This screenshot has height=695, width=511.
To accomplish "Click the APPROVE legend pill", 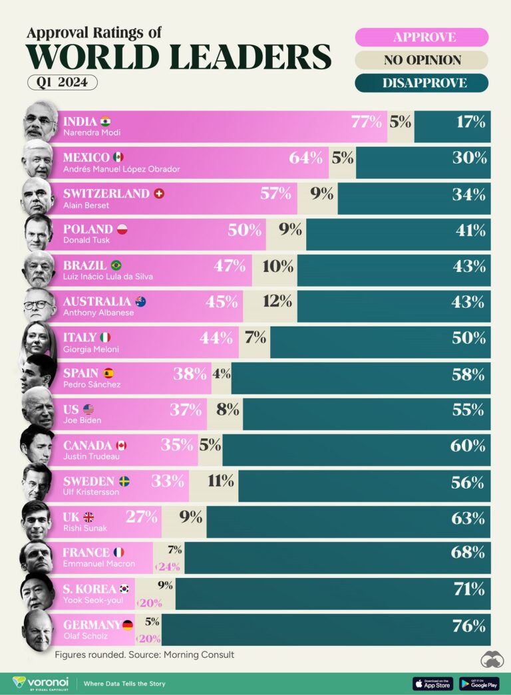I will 422,37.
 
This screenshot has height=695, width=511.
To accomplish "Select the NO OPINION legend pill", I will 422,61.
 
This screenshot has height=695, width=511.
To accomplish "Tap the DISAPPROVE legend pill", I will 422,83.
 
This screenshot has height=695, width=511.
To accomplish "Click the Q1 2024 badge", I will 63,82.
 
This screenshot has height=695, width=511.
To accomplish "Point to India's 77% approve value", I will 367,122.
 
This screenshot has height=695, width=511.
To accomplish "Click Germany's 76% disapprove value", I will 468,626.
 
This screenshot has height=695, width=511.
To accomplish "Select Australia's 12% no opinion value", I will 277,301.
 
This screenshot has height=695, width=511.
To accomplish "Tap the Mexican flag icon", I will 118,158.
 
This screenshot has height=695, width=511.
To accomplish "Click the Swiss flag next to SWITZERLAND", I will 158,194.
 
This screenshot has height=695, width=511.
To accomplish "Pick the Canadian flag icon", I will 120,446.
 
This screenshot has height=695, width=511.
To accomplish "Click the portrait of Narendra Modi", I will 40,121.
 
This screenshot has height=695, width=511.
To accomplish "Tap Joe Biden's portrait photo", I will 38,409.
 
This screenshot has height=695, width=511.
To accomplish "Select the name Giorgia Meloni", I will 91,348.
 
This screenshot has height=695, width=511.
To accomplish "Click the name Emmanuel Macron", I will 98,564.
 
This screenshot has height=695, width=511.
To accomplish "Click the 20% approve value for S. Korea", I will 150,603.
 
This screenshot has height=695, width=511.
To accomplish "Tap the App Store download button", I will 432,683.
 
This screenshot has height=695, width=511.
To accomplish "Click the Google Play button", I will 478,683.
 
